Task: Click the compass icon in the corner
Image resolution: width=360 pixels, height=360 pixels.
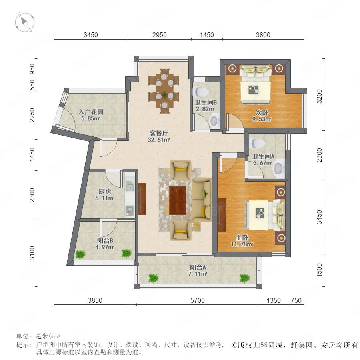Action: (24, 22)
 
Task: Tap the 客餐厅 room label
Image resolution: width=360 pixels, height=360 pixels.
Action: (159, 133)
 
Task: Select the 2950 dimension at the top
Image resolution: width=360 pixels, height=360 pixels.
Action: (159, 35)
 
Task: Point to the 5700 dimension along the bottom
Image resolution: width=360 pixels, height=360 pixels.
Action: (198, 300)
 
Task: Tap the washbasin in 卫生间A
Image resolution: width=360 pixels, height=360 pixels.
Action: (279, 169)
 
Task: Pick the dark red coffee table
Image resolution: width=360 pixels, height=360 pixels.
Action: (178, 200)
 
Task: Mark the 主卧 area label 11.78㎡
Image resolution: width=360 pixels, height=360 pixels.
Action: (242, 244)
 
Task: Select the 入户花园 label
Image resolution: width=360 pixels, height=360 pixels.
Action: (91, 112)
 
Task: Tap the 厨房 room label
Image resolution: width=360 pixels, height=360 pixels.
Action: (105, 192)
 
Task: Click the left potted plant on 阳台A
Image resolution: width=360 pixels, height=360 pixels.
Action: (153, 278)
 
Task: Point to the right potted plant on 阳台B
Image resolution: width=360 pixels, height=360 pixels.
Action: (126, 253)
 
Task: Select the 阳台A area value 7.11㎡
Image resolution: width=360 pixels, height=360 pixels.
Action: (198, 274)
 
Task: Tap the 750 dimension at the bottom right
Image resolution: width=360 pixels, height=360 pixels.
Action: (296, 300)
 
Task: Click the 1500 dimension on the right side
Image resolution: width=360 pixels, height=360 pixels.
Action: (319, 270)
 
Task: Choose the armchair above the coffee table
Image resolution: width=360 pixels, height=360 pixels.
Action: (180, 170)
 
